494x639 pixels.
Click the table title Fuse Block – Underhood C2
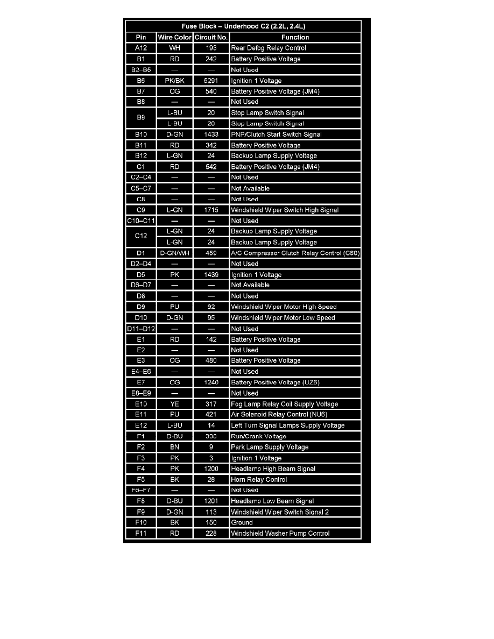[247, 26]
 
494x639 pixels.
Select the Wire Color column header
[174, 37]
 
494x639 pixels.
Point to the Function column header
[295, 37]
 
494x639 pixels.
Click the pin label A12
[140, 48]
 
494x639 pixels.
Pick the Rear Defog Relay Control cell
[269, 48]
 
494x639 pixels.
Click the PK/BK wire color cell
[174, 81]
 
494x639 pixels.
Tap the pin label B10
[140, 134]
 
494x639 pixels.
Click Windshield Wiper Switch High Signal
[285, 210]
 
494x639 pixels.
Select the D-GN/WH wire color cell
[174, 253]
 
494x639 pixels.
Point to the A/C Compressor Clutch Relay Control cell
[295, 253]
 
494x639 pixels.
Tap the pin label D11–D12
[140, 329]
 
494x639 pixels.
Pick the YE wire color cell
[174, 404]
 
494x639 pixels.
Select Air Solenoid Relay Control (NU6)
[279, 415]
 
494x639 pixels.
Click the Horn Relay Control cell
[259, 479]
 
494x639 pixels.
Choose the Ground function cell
[242, 522]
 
